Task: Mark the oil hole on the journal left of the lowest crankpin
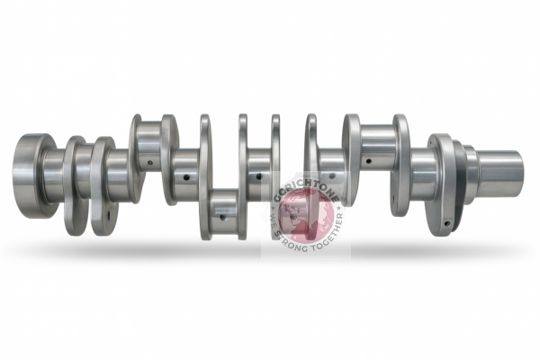point(185,177)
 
